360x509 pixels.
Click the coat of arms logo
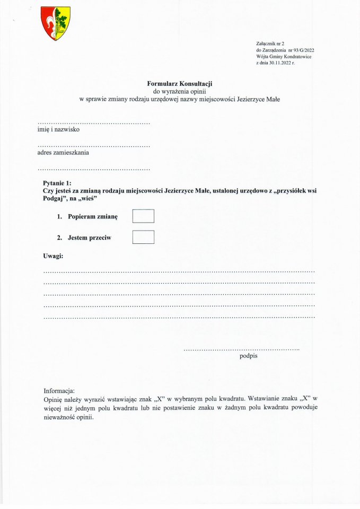point(56,23)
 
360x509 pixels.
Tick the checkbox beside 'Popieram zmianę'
point(143,216)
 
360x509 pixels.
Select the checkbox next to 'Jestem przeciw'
point(143,237)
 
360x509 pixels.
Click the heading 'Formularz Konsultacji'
point(180,83)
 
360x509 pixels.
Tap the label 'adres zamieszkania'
point(63,152)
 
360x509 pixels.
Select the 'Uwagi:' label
point(53,256)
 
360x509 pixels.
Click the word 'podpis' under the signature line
point(249,356)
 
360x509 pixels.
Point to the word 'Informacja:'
point(59,390)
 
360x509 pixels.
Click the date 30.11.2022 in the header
point(278,63)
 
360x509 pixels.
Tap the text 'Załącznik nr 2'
point(270,43)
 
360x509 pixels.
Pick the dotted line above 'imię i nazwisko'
point(94,124)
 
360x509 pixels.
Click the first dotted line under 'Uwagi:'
point(179,270)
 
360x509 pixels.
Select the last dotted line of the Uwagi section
point(179,317)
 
